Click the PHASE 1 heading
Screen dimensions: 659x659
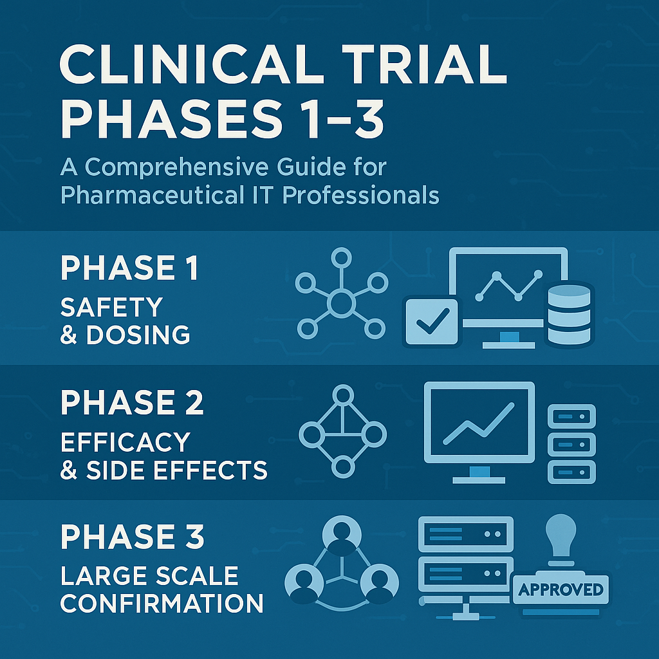[x=129, y=268]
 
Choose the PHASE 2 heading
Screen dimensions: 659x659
[x=132, y=403]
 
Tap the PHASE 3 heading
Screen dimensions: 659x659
[x=133, y=536]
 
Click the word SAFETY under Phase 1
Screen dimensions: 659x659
[x=111, y=307]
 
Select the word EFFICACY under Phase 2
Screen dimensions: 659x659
[x=125, y=441]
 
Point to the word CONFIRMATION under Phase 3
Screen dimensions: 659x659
[x=162, y=604]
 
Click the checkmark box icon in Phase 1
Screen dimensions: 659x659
[x=431, y=322]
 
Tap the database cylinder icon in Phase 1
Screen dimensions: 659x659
[x=568, y=314]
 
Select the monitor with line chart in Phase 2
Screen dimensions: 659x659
[x=479, y=425]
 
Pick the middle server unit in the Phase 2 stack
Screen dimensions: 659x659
[x=571, y=443]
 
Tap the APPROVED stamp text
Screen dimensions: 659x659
[x=560, y=589]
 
